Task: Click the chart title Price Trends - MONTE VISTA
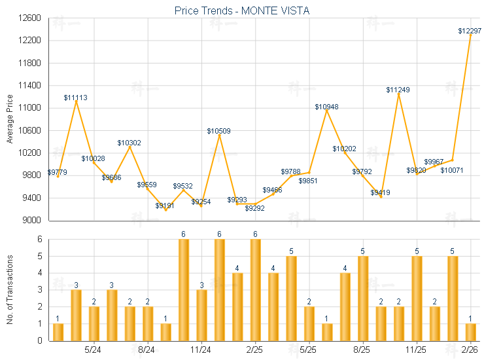click(242, 10)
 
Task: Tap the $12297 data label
click(469, 31)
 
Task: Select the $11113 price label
click(75, 98)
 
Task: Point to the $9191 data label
click(165, 206)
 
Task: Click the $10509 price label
click(219, 131)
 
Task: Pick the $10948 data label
click(326, 106)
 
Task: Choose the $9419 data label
click(380, 192)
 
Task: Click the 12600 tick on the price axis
click(31, 18)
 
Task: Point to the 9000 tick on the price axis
click(33, 220)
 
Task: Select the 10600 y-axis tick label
click(31, 130)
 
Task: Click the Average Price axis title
click(10, 119)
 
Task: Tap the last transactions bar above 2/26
click(470, 332)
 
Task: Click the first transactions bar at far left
click(58, 332)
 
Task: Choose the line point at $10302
click(130, 147)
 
